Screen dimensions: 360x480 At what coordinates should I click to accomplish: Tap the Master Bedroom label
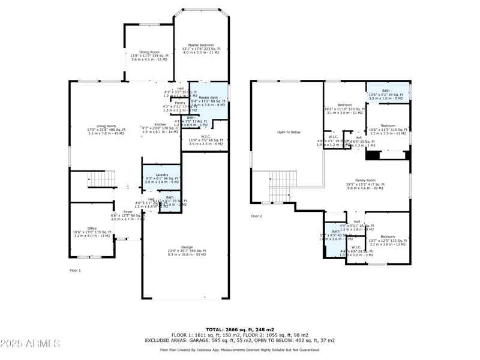click(x=201, y=45)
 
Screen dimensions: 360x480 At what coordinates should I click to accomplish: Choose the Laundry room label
click(x=161, y=175)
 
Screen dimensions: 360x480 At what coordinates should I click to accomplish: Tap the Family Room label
click(x=365, y=180)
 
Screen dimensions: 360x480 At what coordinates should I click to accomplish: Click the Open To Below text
click(x=288, y=132)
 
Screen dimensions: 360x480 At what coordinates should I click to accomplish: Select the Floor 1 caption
click(x=75, y=271)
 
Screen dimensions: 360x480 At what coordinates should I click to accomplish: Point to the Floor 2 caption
click(x=256, y=216)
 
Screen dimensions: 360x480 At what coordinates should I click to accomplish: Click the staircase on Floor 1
click(x=101, y=179)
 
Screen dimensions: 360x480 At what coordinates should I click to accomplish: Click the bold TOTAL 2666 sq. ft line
click(x=240, y=329)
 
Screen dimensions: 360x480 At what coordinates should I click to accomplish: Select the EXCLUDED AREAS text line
click(x=240, y=340)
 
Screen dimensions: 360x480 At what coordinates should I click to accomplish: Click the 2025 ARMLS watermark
click(x=30, y=344)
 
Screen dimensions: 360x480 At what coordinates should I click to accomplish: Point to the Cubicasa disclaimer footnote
click(x=240, y=350)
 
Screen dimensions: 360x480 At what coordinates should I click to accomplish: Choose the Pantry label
click(x=179, y=103)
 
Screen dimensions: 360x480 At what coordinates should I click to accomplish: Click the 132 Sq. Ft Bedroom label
click(x=387, y=236)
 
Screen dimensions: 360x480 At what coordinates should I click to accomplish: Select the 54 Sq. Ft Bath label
click(x=386, y=91)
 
